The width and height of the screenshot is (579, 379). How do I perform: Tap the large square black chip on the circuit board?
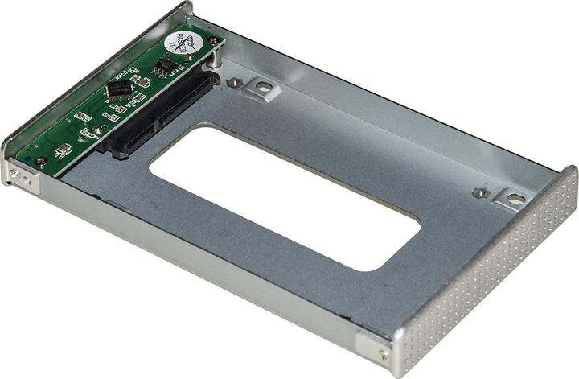(x=119, y=89)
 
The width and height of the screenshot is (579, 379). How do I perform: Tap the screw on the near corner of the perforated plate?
(x=384, y=354)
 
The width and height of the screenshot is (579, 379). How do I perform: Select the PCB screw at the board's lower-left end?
(x=40, y=161)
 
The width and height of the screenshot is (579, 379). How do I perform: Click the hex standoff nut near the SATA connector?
(x=232, y=82)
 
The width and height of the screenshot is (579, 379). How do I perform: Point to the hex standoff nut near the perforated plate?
(x=479, y=193)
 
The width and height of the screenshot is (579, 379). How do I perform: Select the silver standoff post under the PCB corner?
(x=218, y=59)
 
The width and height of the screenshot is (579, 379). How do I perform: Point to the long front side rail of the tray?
(x=201, y=266)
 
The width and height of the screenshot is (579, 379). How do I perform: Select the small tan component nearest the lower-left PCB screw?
(x=60, y=150)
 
